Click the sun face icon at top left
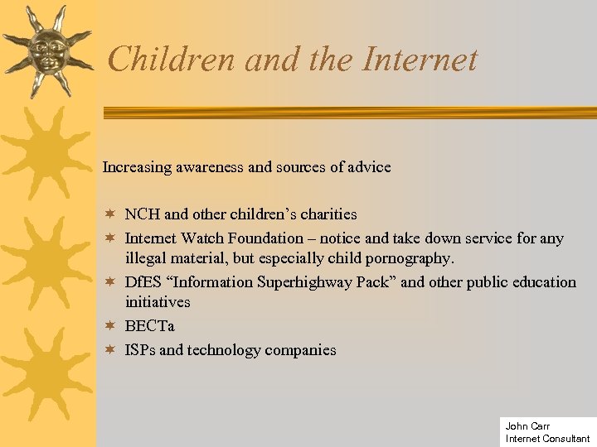coord(46,50)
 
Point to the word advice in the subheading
coord(370,167)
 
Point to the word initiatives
coord(158,303)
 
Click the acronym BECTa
coord(149,326)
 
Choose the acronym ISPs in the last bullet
coord(140,350)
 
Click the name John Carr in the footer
coord(527,426)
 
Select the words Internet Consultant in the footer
coord(547,439)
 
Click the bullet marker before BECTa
coord(108,326)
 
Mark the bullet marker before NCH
coord(108,214)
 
